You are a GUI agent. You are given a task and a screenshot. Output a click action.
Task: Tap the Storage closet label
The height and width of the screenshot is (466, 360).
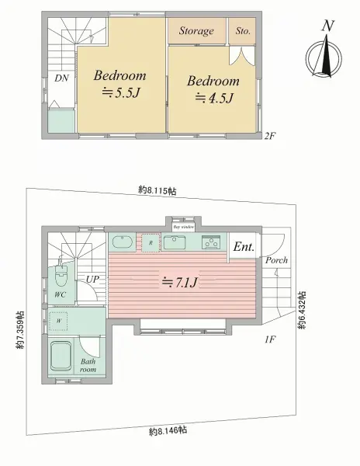(x=196, y=31)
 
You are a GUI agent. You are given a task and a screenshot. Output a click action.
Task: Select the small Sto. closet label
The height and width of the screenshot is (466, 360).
(x=243, y=31)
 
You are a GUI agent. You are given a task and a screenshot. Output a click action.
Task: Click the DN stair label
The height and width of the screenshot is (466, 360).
(x=61, y=78)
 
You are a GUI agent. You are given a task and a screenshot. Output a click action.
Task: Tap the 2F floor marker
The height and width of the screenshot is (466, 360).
(x=270, y=134)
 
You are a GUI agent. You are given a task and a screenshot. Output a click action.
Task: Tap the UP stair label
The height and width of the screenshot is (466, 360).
(x=92, y=278)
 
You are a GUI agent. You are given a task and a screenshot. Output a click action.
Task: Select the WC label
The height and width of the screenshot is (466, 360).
(x=59, y=296)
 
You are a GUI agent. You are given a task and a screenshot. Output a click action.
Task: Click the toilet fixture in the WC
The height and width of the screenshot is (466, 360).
(x=61, y=275)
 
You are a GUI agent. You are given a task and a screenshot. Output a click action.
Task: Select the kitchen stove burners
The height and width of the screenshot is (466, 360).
(x=212, y=242)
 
